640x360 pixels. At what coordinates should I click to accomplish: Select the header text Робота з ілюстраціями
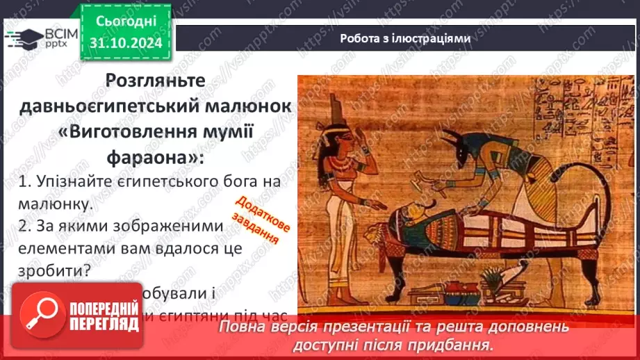[x=405, y=39]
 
